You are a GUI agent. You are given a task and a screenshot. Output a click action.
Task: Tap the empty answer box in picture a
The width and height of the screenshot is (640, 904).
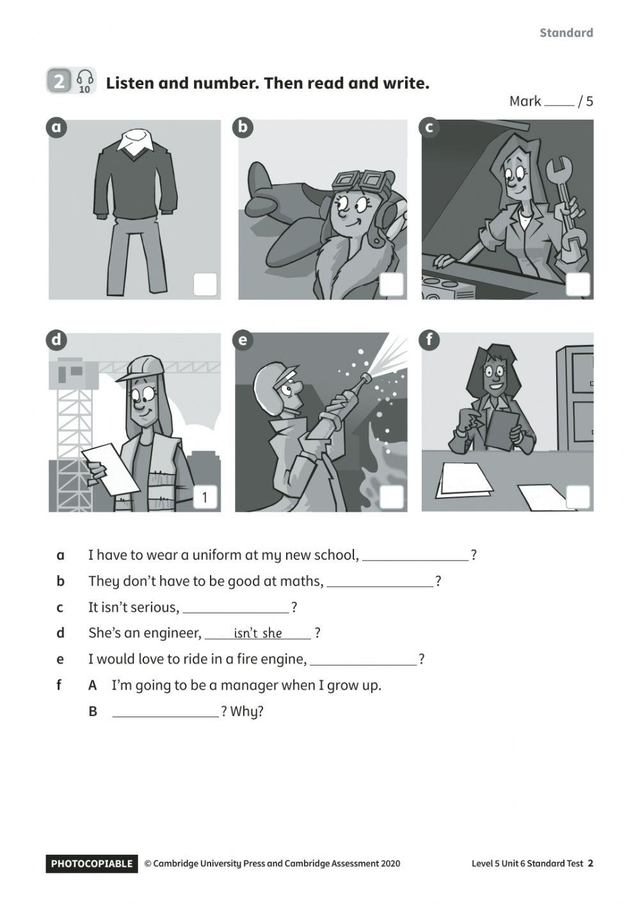tap(205, 285)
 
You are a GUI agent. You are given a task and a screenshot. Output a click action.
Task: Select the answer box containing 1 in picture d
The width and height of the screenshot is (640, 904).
tap(205, 497)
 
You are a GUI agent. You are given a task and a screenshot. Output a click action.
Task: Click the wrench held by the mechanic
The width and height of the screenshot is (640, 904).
tap(566, 205)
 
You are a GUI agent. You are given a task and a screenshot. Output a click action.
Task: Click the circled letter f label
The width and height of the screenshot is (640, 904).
tap(429, 340)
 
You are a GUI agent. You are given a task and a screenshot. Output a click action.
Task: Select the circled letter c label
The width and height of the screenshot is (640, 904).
tap(429, 127)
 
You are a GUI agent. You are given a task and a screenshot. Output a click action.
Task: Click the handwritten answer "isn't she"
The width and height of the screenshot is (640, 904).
tap(258, 633)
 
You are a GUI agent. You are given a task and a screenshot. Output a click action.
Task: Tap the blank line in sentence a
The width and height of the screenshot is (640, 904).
tap(415, 556)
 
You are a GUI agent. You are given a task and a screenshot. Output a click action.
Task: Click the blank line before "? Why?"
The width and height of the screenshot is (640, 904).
tap(165, 712)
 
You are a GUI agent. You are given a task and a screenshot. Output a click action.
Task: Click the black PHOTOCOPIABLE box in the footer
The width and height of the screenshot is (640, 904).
tap(92, 864)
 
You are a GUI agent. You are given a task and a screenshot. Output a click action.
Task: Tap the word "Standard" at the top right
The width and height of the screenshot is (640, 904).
tap(566, 33)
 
